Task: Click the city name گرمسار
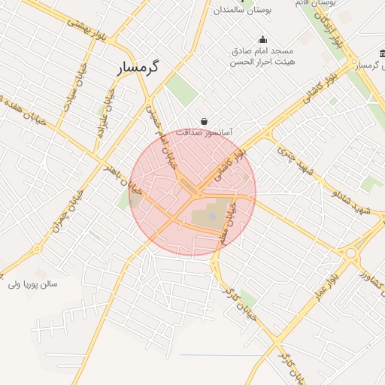(140, 68)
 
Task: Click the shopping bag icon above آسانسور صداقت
(204, 121)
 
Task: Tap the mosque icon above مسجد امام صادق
(262, 40)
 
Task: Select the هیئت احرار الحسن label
(262, 62)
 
